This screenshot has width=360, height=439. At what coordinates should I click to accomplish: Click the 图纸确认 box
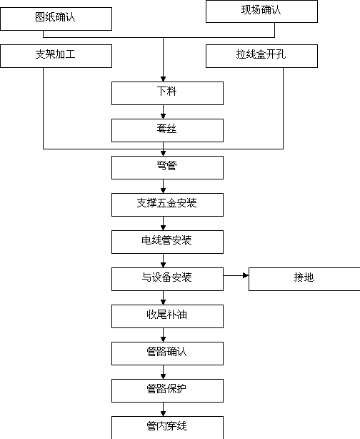point(56,19)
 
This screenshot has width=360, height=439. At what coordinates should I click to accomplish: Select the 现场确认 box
point(261,11)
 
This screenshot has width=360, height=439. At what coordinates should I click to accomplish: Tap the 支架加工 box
point(56,56)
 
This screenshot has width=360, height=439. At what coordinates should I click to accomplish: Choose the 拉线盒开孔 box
point(261,56)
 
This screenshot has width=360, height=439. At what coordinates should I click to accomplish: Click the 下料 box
point(167,93)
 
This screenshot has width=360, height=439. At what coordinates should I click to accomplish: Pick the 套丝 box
point(167,130)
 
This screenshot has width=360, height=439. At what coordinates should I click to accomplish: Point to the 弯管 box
point(167,168)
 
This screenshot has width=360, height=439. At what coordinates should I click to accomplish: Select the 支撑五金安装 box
point(167,204)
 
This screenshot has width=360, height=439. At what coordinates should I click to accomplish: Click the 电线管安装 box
point(167,242)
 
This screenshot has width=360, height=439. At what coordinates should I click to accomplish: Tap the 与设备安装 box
point(167,279)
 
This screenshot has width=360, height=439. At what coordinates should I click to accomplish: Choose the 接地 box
point(304,279)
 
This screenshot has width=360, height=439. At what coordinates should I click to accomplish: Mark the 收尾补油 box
point(167,316)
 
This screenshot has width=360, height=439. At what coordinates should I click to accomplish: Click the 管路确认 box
point(167,353)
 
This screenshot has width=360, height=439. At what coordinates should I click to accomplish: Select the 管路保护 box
point(167,390)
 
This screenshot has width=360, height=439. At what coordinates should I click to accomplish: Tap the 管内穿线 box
point(167,428)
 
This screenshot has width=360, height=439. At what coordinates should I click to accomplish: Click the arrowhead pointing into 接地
point(246,276)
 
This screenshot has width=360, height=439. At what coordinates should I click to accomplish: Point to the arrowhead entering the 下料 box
point(163,79)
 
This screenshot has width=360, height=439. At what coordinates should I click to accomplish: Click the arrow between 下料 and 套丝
point(163,112)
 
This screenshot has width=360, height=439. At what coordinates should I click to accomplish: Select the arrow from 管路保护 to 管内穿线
point(163,409)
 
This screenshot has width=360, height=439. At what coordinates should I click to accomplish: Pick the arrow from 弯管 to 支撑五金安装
point(163,186)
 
